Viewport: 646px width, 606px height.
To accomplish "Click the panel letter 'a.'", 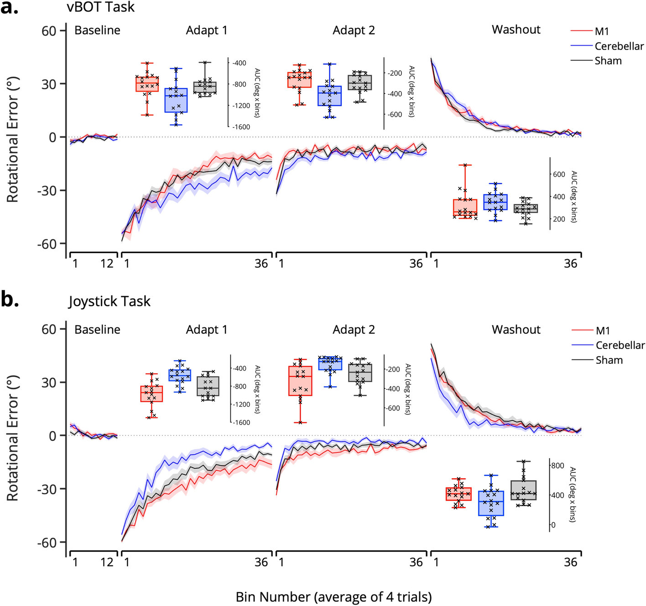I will (9, 8).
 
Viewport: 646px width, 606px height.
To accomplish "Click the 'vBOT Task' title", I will (100, 7).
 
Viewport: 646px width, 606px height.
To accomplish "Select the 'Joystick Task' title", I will (109, 301).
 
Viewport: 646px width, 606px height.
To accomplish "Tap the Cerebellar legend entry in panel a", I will (619, 46).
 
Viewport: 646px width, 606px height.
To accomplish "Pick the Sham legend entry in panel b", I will (609, 360).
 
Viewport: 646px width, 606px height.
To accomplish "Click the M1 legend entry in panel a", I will (601, 31).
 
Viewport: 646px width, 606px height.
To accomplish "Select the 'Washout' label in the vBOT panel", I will (516, 30).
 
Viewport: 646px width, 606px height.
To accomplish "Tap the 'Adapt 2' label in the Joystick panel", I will (354, 330).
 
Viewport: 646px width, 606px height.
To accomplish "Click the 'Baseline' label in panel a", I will (97, 31).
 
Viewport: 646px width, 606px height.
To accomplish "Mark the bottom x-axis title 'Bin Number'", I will (333, 597).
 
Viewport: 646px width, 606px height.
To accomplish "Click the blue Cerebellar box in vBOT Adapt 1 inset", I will (176, 100).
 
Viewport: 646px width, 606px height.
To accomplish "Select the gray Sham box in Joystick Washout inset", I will (523, 490).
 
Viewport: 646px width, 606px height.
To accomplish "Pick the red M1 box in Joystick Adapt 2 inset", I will (300, 381).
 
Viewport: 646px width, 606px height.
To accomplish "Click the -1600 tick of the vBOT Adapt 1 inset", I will (241, 127).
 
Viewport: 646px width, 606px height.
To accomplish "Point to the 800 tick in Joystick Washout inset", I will (557, 466).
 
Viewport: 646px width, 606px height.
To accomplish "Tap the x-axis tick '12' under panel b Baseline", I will (107, 562).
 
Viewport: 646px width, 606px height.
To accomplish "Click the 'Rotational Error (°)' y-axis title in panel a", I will (12, 140).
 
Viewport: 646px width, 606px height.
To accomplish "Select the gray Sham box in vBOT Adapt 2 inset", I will (360, 83).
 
